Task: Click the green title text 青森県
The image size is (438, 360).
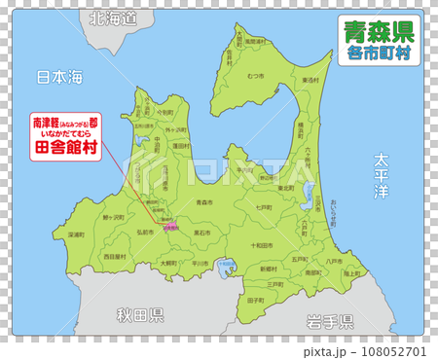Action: (x=379, y=31)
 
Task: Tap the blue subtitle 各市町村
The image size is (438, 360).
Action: (x=379, y=54)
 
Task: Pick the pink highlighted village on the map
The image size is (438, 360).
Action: (x=171, y=227)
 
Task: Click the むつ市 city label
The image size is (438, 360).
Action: (x=256, y=75)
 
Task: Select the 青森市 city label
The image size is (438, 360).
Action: (x=204, y=201)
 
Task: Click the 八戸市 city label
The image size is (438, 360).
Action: (x=334, y=261)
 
